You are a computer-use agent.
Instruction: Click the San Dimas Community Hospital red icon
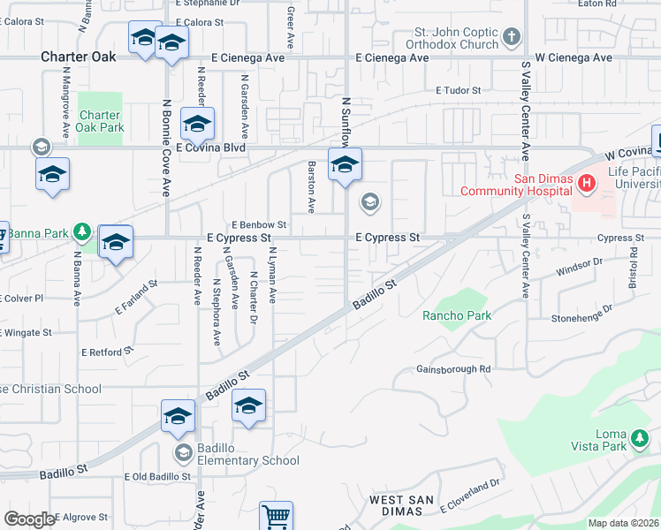coord(585,184)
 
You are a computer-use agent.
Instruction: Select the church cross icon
coord(511,38)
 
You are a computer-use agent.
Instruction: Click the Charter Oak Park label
coord(100,121)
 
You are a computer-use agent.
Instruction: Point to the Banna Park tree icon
coord(82,232)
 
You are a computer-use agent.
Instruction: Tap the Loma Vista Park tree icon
coord(639,437)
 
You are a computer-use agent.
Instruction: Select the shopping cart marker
coord(276,517)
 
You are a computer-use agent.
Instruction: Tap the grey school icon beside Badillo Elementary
coord(184,454)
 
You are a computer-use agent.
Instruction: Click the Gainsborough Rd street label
coord(453,369)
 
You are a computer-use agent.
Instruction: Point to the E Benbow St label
coord(259,225)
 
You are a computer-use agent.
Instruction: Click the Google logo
coord(29,519)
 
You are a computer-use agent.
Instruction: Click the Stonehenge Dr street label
coord(581,314)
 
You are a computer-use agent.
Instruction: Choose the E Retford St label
coord(107,351)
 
